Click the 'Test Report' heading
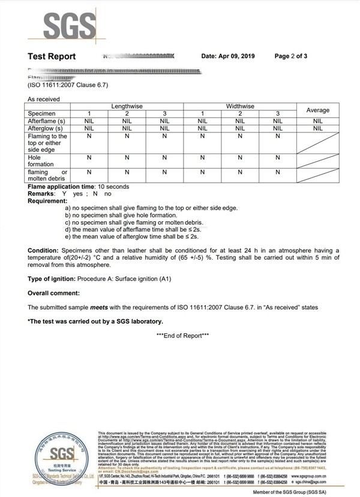click(52, 56)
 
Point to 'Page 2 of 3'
click(291, 56)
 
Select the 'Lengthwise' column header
click(127, 106)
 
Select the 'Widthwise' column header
click(240, 106)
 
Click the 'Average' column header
click(318, 110)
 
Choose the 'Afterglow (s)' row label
click(44, 128)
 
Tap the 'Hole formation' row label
click(41, 161)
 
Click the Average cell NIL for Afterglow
click(318, 128)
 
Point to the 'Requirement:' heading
click(47, 201)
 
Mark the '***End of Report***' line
click(182, 335)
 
